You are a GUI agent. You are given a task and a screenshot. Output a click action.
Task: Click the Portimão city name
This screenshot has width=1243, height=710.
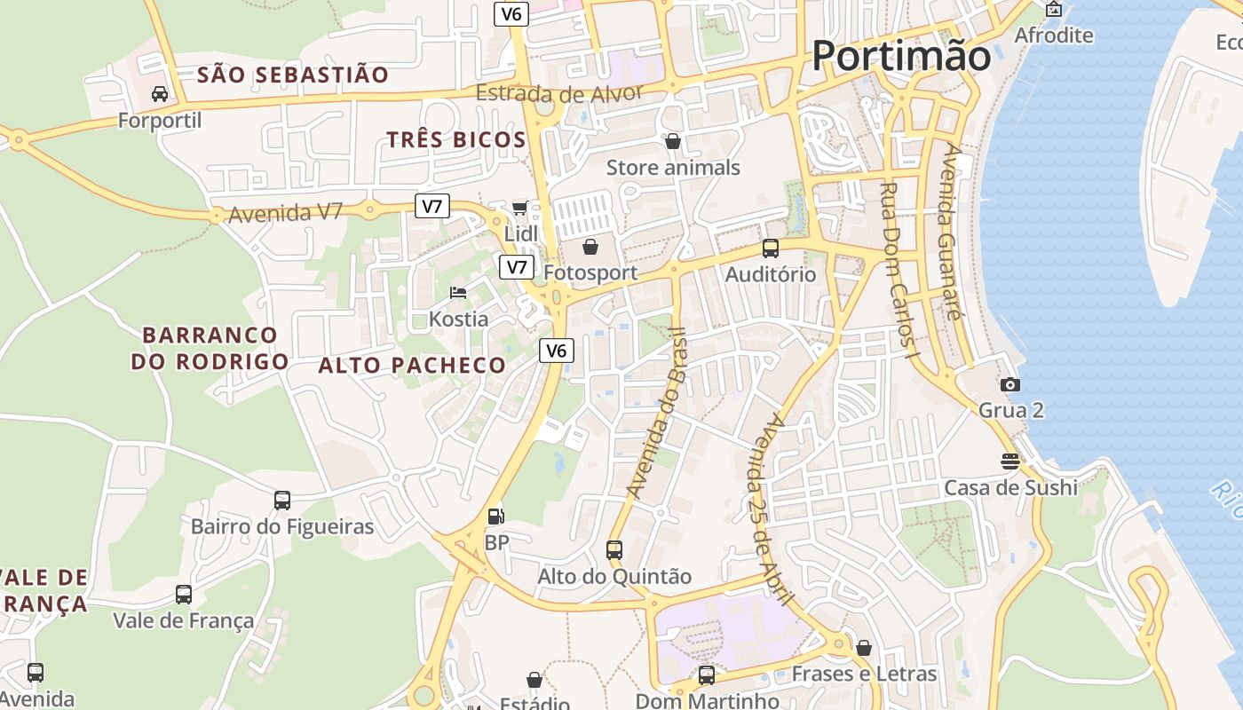coord(901,56)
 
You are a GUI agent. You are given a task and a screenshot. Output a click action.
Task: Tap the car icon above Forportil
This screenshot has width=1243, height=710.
coord(160,93)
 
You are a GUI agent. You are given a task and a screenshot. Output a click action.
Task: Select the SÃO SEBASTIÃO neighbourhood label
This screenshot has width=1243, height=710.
coord(293,75)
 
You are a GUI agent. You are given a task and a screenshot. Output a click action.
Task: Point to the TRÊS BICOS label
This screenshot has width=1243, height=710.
coord(456,139)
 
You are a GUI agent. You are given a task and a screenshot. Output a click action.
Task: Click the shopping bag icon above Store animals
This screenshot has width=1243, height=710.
coord(673,141)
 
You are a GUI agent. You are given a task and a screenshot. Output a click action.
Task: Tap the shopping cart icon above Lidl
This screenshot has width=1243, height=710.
coord(520,208)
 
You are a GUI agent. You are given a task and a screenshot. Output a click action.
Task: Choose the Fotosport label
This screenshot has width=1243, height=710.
coord(590,272)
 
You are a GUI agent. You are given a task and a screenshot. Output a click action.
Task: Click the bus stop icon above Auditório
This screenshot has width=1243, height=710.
coord(771,248)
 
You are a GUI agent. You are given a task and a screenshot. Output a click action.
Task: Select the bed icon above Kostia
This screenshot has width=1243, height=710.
coord(458,293)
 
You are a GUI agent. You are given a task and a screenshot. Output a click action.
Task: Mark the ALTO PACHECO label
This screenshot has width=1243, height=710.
coord(412,365)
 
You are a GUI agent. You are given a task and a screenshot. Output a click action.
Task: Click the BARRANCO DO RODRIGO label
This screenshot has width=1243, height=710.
coord(210,348)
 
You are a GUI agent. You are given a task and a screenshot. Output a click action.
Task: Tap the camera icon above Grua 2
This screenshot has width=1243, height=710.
coord(1010,384)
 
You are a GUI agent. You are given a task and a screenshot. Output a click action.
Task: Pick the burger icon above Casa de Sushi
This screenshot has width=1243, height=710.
coord(1010,461)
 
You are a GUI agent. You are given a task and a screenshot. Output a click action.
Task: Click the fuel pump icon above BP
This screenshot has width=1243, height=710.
coord(495,516)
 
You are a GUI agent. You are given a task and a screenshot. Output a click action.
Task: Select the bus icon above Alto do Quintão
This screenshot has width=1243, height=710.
coord(614,549)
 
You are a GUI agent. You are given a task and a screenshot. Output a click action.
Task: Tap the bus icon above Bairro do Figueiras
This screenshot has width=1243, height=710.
coord(282,500)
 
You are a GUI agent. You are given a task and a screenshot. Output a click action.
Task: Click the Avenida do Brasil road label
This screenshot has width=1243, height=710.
coord(657,413)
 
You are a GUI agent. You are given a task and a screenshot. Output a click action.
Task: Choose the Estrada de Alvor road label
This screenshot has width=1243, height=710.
coord(558,93)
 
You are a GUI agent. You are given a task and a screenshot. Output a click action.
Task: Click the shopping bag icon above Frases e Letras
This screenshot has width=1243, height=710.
coord(864,648)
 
